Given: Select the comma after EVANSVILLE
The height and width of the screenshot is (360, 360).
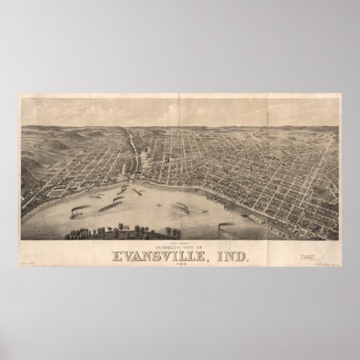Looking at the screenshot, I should point(206,259).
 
